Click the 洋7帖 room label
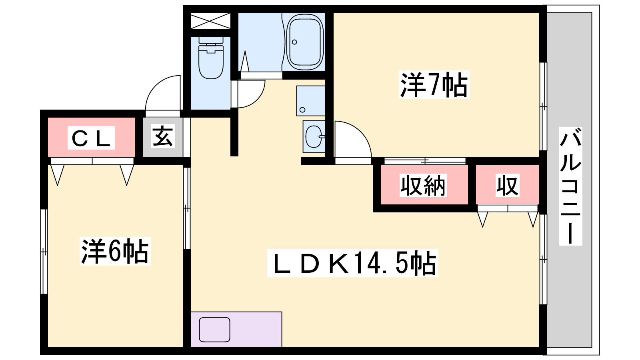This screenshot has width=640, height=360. pyautogui.click(x=434, y=84)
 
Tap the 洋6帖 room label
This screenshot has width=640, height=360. pyautogui.click(x=115, y=251)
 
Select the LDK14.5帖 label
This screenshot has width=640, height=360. pyautogui.click(x=352, y=263)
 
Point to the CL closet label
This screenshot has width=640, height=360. pyautogui.click(x=91, y=138)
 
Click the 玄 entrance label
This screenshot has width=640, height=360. pyautogui.click(x=162, y=136)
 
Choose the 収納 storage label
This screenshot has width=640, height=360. pyautogui.click(x=423, y=186)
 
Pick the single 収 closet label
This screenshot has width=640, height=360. pyautogui.click(x=507, y=186)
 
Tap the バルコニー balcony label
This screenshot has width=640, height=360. pyautogui.click(x=570, y=186)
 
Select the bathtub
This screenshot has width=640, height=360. pyautogui.click(x=305, y=42)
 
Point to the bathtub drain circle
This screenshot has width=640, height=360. pyautogui.click(x=294, y=42)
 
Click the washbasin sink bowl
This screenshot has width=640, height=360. pyautogui.click(x=314, y=136)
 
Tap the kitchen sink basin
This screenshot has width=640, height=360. pyautogui.click(x=214, y=330)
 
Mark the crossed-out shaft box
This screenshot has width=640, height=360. pyautogui.click(x=210, y=20)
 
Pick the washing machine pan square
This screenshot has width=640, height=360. pyautogui.click(x=311, y=101)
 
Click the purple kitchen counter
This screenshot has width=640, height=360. pyautogui.click(x=236, y=330)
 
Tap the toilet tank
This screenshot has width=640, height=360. pyautogui.click(x=211, y=40)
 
